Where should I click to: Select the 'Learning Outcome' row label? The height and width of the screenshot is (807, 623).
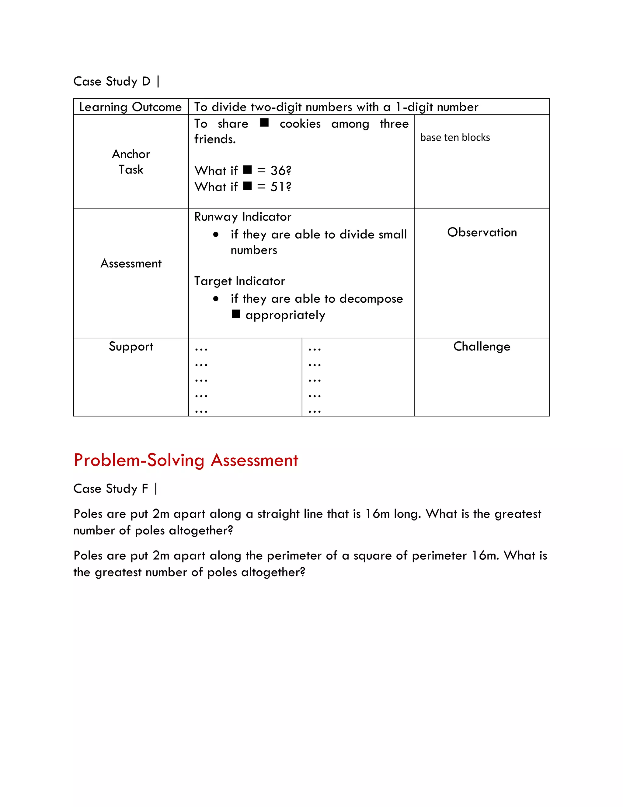click(x=130, y=107)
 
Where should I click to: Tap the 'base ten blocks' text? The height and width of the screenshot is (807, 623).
click(x=455, y=137)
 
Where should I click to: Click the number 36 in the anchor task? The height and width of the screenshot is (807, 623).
click(x=277, y=171)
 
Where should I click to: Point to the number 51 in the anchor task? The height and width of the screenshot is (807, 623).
click(x=277, y=187)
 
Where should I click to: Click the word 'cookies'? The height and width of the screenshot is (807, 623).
click(x=300, y=124)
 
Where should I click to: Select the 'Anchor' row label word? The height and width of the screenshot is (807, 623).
click(x=131, y=154)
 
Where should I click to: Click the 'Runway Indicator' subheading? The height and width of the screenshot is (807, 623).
click(x=242, y=217)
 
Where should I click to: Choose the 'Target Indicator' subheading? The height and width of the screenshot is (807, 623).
click(x=239, y=281)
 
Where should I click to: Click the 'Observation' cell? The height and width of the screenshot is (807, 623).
click(x=482, y=232)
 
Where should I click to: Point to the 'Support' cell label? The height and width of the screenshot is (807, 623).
click(x=131, y=347)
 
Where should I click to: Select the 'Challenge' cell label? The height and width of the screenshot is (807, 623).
click(x=482, y=347)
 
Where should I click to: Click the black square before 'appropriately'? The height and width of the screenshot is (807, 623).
click(x=236, y=314)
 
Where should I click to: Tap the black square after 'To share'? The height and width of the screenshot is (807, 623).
click(x=264, y=122)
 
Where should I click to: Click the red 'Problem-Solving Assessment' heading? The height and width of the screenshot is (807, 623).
click(x=186, y=460)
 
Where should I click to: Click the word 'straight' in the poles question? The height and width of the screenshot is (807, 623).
click(x=278, y=514)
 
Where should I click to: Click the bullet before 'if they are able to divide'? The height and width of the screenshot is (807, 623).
click(x=216, y=234)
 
